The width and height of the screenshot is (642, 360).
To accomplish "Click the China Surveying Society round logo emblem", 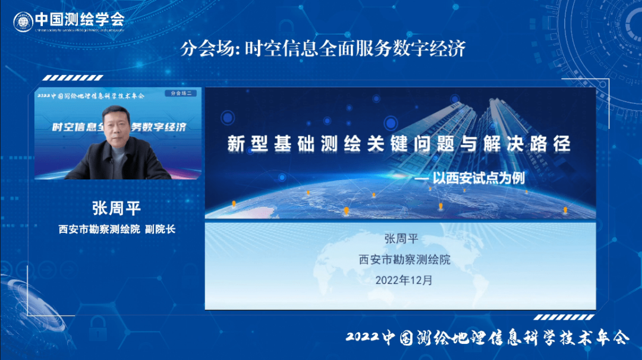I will [23, 22].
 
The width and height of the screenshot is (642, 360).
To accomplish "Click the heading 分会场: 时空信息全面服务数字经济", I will [323, 48].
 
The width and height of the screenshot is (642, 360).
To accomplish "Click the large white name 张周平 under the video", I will [117, 209].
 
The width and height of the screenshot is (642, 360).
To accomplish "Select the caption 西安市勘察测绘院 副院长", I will [117, 229].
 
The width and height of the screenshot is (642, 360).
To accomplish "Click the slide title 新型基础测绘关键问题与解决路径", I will [399, 144].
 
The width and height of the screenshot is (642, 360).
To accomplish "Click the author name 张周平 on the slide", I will [401, 239].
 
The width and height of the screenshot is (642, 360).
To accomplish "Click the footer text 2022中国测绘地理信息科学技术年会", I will [487, 338].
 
